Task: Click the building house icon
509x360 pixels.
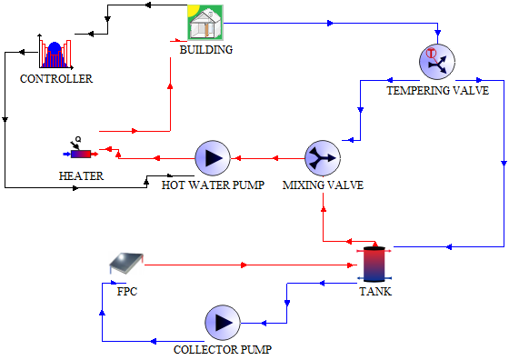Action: [205, 23]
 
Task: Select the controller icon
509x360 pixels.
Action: [55, 54]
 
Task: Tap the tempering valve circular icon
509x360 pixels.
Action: [436, 62]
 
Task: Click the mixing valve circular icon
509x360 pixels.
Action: [322, 157]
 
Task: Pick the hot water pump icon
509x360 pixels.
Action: [214, 158]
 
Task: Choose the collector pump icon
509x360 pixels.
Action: [222, 322]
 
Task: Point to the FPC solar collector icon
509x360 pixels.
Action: [126, 265]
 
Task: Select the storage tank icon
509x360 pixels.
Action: [374, 265]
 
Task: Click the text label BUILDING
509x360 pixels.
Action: [205, 50]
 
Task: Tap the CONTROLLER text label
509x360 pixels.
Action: [56, 79]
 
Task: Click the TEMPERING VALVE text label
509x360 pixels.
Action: [438, 91]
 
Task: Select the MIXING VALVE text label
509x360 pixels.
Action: [323, 185]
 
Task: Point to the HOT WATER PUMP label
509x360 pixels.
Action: [213, 185]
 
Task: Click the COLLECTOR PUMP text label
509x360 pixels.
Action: [223, 349]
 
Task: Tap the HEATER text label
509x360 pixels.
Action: [81, 175]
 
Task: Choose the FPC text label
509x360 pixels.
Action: [127, 292]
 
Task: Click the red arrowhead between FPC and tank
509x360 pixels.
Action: [244, 265]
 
